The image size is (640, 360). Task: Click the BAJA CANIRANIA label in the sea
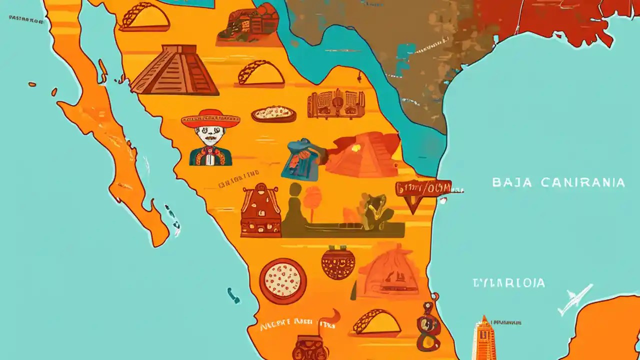[x=558, y=182]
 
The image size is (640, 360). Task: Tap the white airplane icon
[x=574, y=298]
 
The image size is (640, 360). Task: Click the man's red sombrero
[x=210, y=118]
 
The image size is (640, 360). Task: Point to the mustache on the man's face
[x=210, y=138]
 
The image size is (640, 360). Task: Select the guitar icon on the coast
[x=428, y=327]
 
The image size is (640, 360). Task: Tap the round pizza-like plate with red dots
[x=283, y=281]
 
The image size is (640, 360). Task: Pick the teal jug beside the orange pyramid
[x=303, y=159]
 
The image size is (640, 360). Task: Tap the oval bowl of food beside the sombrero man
[x=273, y=114]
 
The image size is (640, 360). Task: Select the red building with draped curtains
[x=260, y=210]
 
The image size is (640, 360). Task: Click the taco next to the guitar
[x=376, y=323]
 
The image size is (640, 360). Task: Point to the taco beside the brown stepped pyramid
[x=260, y=73]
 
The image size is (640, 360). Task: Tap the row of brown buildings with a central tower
[x=336, y=104]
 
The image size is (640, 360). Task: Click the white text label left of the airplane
[x=509, y=283]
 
